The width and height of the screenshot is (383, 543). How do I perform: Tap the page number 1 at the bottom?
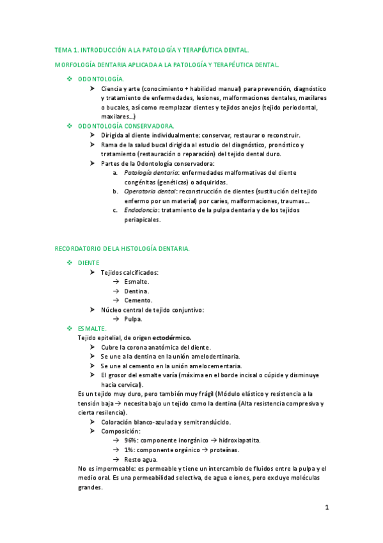[x=326, y=508]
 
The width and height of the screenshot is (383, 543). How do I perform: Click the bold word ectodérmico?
[x=172, y=337]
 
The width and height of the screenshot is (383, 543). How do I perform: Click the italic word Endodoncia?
[x=141, y=210]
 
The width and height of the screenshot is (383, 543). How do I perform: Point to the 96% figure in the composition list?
[x=131, y=441]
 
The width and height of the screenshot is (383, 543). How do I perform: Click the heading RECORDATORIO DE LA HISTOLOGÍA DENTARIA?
[x=122, y=248]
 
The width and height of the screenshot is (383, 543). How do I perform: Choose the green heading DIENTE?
[x=89, y=263]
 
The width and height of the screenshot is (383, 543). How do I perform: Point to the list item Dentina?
[x=137, y=291]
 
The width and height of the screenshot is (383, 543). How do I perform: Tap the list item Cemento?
[x=138, y=300]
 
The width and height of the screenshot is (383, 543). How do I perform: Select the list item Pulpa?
[x=133, y=319]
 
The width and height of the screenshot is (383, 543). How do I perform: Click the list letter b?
[x=115, y=191]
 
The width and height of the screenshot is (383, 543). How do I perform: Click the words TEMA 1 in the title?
[x=67, y=49]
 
